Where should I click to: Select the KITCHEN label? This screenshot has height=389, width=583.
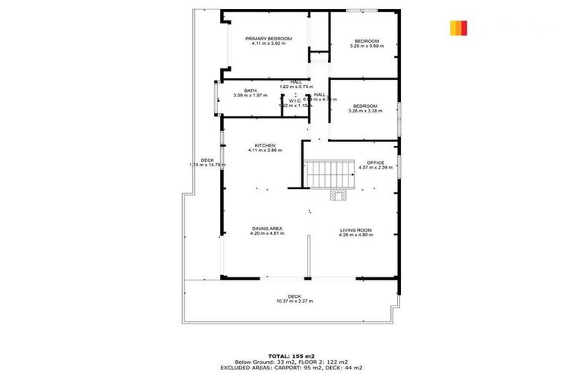point(264,145)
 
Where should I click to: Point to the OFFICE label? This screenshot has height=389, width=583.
point(376,163)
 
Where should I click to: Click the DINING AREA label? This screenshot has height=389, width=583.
point(267,229)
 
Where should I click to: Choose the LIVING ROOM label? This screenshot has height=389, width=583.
point(355,229)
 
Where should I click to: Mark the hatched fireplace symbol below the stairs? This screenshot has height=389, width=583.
point(338,194)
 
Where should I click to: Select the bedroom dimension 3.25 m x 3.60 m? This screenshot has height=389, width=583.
point(367,46)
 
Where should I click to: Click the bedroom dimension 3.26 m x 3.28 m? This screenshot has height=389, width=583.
point(365,111)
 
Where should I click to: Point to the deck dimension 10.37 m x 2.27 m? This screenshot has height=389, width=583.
point(295,301)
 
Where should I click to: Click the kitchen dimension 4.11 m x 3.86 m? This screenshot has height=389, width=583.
point(264,150)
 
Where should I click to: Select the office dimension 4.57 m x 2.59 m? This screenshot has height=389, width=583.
point(376,168)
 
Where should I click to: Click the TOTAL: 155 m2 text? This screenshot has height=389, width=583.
point(291,355)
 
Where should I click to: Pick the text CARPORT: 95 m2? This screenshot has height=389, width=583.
point(309,367)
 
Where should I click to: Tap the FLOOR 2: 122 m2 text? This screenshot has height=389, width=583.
point(325,361)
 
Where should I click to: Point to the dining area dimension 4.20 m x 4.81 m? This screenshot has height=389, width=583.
point(267,234)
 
